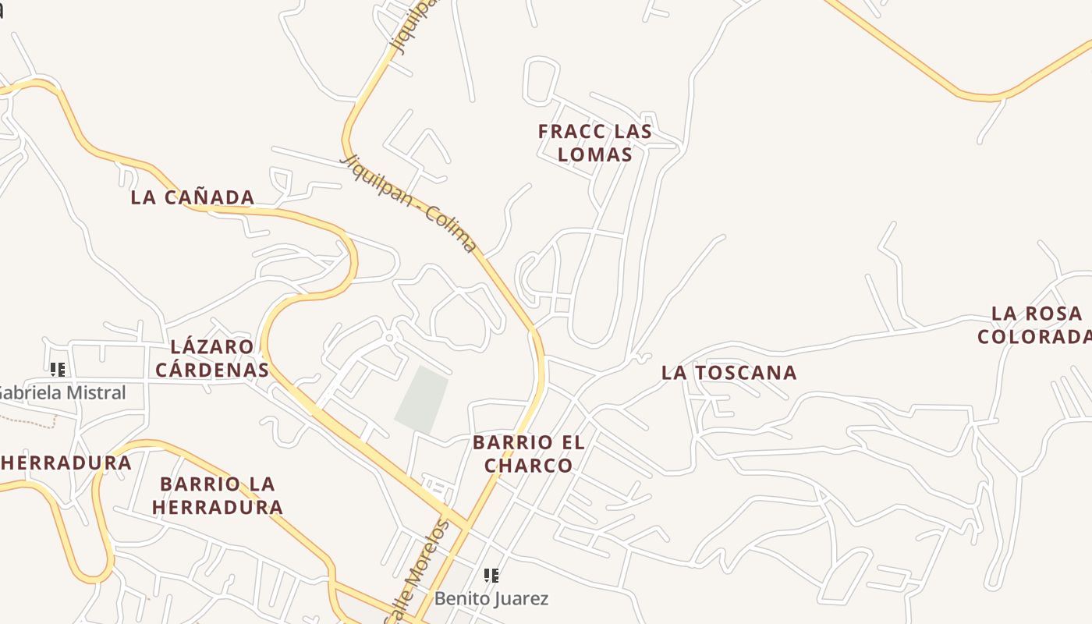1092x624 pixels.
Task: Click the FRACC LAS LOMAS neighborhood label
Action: [x=594, y=143]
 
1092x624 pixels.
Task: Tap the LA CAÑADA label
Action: [x=193, y=197]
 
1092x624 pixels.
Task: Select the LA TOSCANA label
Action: [x=729, y=373]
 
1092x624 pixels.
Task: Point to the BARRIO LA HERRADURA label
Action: [x=218, y=495]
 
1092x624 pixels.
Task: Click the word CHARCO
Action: [x=529, y=466]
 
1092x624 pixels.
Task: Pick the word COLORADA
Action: [x=1033, y=337]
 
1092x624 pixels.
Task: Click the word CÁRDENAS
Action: [x=212, y=369]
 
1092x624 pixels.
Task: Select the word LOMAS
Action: [x=595, y=154]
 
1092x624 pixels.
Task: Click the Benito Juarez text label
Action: [x=491, y=599]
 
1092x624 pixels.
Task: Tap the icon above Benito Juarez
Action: [x=491, y=576]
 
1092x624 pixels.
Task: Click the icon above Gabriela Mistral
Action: [x=57, y=369]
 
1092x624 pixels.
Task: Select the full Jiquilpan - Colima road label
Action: [x=409, y=203]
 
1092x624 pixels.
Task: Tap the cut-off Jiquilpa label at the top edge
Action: [x=410, y=27]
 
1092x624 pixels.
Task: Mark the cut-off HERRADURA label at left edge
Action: [x=66, y=463]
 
